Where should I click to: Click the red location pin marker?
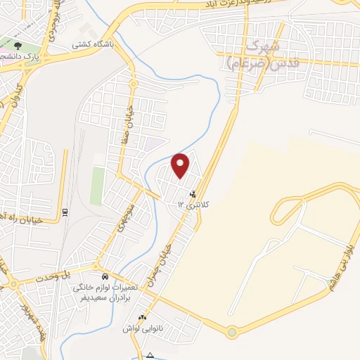[181, 165]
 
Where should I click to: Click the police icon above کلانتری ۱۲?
[193, 193]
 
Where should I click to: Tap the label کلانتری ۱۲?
[190, 204]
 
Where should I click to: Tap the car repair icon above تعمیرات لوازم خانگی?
[104, 276]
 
